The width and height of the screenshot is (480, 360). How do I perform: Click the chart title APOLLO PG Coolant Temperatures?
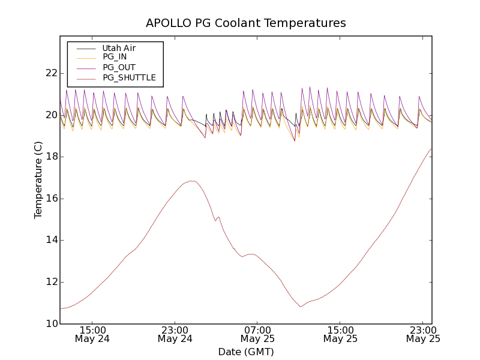pyautogui.click(x=246, y=23)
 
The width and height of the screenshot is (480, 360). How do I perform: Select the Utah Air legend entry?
pyautogui.click(x=119, y=48)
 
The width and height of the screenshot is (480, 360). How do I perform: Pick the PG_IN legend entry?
pyautogui.click(x=115, y=56)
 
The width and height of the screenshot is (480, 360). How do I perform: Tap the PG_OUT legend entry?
pyautogui.click(x=119, y=67)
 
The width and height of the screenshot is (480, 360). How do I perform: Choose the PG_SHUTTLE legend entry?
pyautogui.click(x=129, y=77)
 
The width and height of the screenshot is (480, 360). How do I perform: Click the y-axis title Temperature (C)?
pyautogui.click(x=38, y=180)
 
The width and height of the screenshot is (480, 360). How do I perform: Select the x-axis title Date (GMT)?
pyautogui.click(x=246, y=352)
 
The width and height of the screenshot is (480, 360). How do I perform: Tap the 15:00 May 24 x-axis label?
pyautogui.click(x=93, y=334)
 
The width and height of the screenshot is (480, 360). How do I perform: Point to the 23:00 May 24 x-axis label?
pyautogui.click(x=175, y=334)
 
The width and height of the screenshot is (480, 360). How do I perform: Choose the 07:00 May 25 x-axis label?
pyautogui.click(x=257, y=334)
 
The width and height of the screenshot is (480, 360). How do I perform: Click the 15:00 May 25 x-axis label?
pyautogui.click(x=340, y=334)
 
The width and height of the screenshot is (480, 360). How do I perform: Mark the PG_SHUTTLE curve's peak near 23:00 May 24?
pyautogui.click(x=191, y=181)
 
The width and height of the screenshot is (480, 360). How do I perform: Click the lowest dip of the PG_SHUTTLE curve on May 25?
pyautogui.click(x=300, y=307)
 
